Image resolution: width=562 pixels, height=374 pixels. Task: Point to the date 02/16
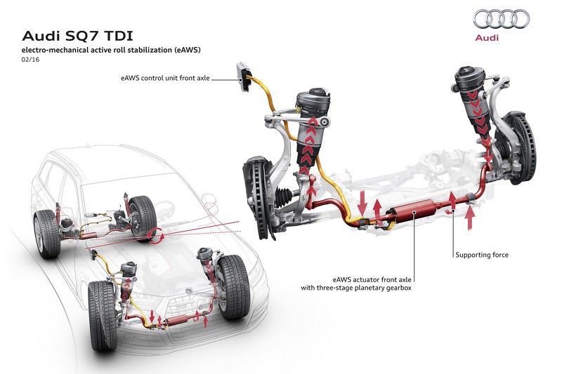point(32,61)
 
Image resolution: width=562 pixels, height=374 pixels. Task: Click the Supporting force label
point(481,255)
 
